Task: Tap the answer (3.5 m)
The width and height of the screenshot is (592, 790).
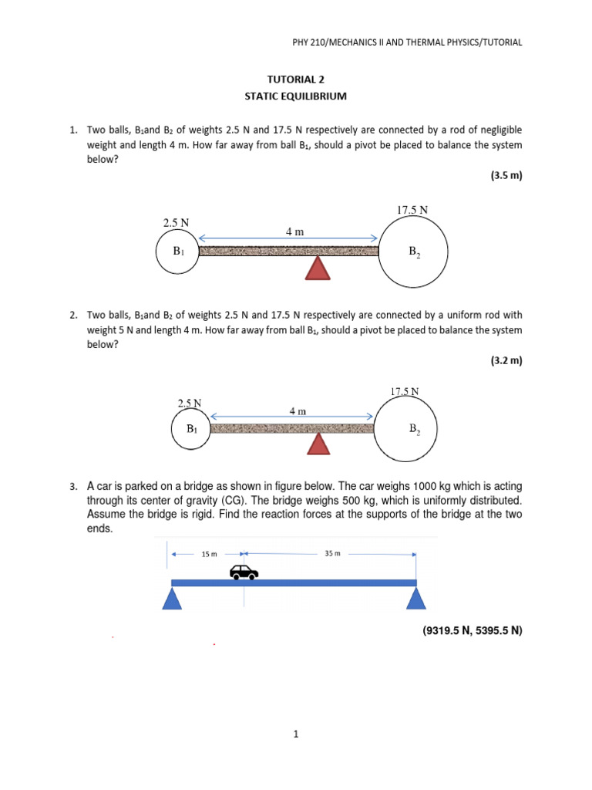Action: [x=506, y=175]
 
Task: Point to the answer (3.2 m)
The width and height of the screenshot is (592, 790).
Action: [x=506, y=360]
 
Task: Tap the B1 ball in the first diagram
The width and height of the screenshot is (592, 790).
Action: [x=177, y=252]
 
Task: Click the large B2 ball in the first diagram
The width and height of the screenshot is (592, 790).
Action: [x=412, y=250]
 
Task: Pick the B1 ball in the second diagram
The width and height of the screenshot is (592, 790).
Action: [x=190, y=429]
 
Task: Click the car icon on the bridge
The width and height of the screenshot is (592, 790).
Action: [x=244, y=572]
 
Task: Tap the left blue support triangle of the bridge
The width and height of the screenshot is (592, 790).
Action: [x=172, y=598]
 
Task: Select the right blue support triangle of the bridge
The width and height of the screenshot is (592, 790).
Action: [x=417, y=598]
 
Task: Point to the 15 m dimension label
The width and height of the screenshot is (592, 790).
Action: [x=209, y=554]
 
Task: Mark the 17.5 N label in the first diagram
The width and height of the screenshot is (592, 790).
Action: [x=412, y=209]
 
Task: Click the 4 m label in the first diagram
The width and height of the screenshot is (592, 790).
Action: [x=294, y=231]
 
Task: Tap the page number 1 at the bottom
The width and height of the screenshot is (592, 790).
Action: [x=295, y=734]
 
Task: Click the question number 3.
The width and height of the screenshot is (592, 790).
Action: [x=72, y=487]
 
